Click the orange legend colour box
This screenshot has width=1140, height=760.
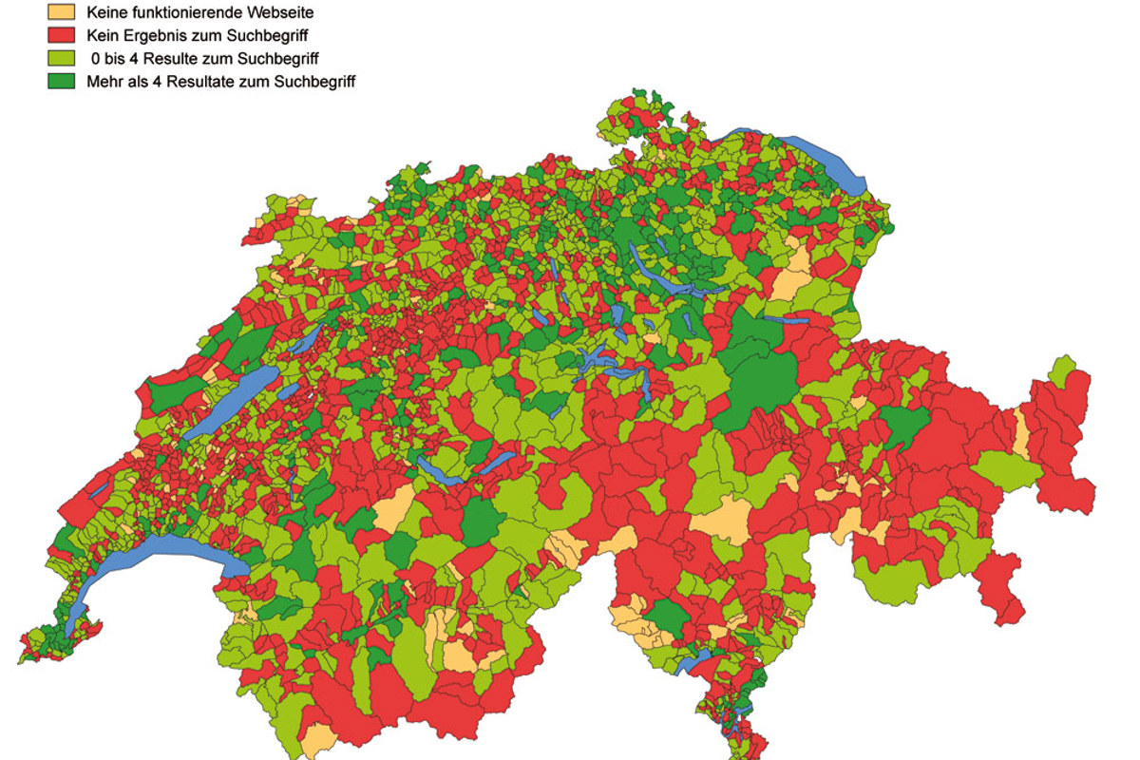click(x=59, y=13)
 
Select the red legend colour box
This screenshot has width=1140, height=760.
click(x=59, y=36)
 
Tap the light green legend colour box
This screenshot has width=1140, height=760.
click(x=59, y=59)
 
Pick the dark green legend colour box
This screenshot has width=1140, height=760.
click(x=59, y=82)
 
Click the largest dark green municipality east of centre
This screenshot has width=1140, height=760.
click(x=760, y=375)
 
